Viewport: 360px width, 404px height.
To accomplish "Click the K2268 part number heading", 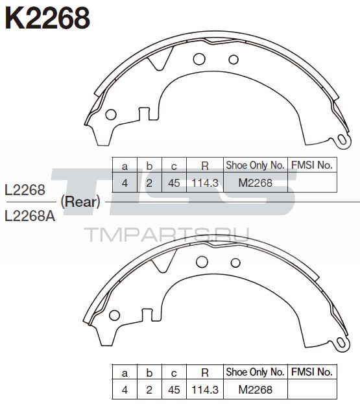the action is [x=47, y=18].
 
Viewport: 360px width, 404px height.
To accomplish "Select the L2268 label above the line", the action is [x=25, y=190].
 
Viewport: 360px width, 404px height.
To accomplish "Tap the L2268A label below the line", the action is [x=30, y=216].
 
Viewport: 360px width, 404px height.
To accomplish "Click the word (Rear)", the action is [x=80, y=202].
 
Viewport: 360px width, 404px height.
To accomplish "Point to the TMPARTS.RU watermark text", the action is [x=167, y=235].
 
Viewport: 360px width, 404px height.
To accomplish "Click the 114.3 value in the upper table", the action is [x=205, y=183].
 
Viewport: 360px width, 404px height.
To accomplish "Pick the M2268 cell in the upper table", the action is [x=256, y=183].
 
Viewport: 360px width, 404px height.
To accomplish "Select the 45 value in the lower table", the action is [x=174, y=390].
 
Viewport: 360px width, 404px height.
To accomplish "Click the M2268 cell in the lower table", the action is [x=256, y=390].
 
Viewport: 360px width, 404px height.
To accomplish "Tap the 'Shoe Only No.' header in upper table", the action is [x=255, y=165].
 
